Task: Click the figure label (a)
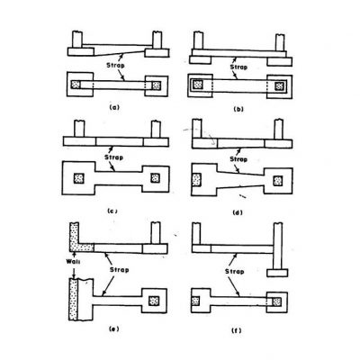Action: [114, 107]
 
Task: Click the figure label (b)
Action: [238, 109]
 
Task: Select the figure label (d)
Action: [238, 213]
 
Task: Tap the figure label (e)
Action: [113, 328]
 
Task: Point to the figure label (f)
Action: [237, 330]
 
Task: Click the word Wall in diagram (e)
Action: [73, 261]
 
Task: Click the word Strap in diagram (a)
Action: [115, 65]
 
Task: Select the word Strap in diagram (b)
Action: [238, 67]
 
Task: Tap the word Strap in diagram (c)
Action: [113, 157]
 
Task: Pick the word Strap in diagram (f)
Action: [234, 272]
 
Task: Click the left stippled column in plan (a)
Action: [76, 85]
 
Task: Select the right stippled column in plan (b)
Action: [280, 86]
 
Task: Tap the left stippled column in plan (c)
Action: [79, 178]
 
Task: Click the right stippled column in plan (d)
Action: [278, 181]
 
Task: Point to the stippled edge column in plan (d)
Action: [196, 180]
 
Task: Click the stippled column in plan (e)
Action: [155, 301]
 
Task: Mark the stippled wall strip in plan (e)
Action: [73, 300]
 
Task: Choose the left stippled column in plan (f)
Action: [195, 301]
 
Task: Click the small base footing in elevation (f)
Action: [277, 273]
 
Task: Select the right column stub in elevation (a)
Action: [157, 40]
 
